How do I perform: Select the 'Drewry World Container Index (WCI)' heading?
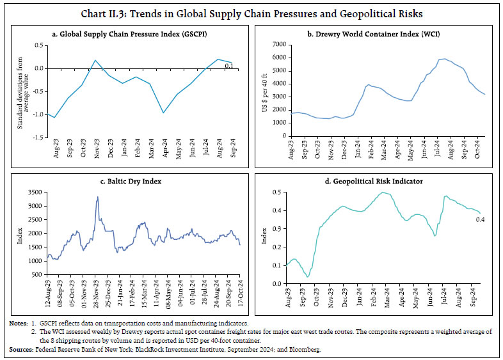click(x=377, y=33)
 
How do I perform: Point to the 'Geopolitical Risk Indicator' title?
click(x=377, y=182)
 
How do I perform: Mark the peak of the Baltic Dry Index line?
click(x=97, y=197)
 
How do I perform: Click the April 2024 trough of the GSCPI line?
click(x=147, y=113)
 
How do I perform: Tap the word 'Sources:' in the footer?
click(x=20, y=350)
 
